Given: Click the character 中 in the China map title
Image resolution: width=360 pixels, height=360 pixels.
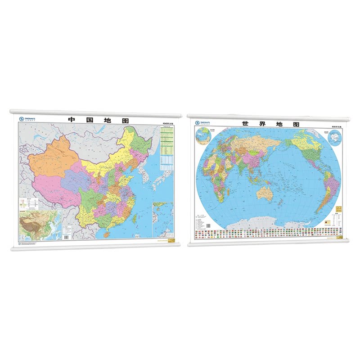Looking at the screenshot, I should pos(71,121).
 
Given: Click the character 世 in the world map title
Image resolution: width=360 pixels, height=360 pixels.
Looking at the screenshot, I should pos(245,123).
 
